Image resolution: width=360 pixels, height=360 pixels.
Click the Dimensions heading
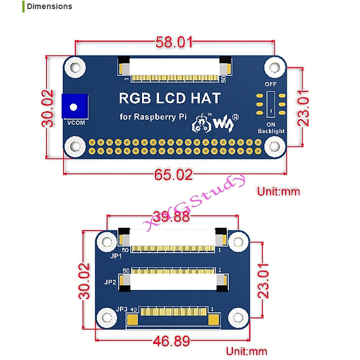tap(49, 7)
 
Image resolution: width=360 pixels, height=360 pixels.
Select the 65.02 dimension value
tap(174, 174)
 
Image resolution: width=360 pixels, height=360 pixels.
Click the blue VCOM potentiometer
tap(75, 106)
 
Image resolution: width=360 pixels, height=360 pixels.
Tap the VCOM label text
tap(76, 123)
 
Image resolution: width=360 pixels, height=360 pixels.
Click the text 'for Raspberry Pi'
tap(153, 117)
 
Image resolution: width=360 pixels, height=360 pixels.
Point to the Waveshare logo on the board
tap(215, 123)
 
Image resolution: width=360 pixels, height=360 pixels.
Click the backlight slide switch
tap(271, 104)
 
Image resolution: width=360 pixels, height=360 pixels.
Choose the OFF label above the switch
tap(271, 84)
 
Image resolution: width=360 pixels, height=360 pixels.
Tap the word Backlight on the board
tap(271, 131)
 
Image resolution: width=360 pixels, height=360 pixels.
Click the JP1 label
tap(116, 256)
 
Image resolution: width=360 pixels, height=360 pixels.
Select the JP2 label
tap(110, 282)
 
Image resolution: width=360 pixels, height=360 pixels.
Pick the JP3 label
tap(121, 309)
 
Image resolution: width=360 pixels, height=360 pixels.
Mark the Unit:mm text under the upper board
tap(278, 192)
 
